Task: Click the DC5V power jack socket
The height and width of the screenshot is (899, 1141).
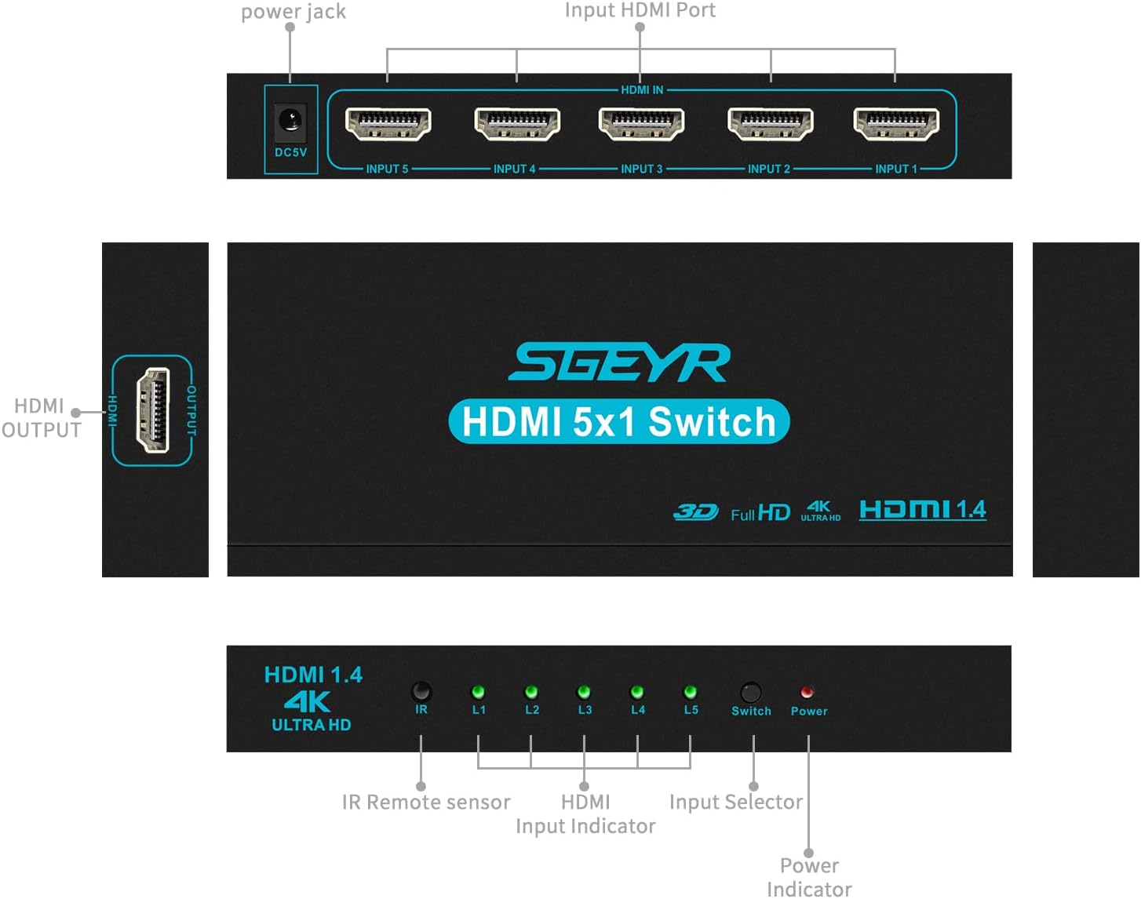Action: coord(290,122)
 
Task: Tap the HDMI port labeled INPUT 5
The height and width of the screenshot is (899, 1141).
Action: coord(388,124)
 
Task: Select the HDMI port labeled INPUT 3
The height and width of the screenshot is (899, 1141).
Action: coord(641,124)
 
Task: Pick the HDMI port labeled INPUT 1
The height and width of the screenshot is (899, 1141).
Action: coord(896,124)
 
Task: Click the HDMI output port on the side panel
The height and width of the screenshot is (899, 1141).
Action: coord(153,410)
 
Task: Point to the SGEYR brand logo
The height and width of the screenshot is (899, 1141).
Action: coord(620,363)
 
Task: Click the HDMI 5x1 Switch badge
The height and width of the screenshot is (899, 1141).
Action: coord(619,422)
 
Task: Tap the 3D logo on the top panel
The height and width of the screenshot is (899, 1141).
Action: coord(695,512)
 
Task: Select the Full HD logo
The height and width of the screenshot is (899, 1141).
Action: coord(760,513)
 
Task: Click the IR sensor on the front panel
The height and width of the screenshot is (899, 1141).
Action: coord(421,691)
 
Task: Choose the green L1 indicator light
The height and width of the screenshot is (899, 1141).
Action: coord(478,692)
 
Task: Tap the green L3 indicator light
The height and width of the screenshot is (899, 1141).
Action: coord(584,692)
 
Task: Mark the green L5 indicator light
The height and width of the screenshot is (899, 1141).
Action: coord(691,692)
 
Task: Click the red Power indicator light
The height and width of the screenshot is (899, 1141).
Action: coord(807,692)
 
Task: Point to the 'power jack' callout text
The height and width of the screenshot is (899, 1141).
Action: coord(293,12)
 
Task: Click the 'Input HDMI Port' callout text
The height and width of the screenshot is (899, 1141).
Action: coord(640,10)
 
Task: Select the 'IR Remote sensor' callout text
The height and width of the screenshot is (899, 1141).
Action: coord(426,802)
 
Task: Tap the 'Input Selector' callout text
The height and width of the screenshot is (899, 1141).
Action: coord(736,802)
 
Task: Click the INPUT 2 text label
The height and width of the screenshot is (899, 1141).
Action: coord(769,169)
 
